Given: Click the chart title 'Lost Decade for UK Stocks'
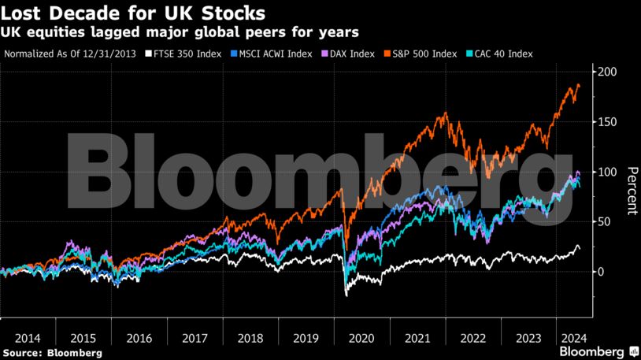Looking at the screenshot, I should point(134,14).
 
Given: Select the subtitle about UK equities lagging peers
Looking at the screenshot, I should point(181,33).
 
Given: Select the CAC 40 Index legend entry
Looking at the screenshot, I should point(502,54).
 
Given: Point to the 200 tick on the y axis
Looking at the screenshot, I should point(606,72).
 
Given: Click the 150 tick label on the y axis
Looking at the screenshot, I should point(606,122).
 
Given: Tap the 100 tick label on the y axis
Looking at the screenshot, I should point(606,172).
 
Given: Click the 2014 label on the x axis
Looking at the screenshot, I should point(28,337).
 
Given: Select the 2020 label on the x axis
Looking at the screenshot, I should point(362,337).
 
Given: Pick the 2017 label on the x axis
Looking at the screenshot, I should point(195,337).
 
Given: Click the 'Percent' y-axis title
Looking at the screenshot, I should point(631,191).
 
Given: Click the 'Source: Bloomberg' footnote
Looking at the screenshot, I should point(52,353).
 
